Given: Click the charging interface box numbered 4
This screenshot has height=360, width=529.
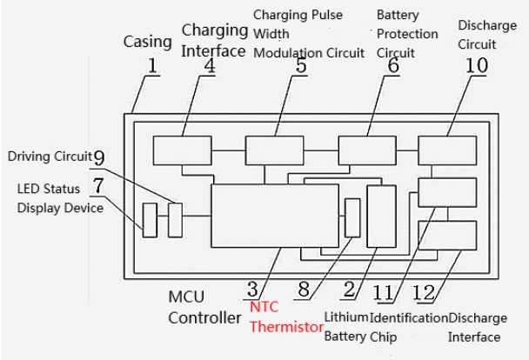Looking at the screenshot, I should coord(176,150).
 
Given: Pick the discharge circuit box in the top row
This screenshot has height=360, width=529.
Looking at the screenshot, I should coord(447,150).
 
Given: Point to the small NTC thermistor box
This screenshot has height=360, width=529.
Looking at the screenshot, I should coord(352,217).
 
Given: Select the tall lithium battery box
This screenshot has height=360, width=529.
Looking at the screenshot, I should coord(381,216).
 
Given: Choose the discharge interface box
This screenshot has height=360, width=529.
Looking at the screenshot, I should coord(447,235).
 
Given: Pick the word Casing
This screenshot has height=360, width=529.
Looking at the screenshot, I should coord(145,42).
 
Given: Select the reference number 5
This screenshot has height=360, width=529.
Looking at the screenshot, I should coord(300,67).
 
